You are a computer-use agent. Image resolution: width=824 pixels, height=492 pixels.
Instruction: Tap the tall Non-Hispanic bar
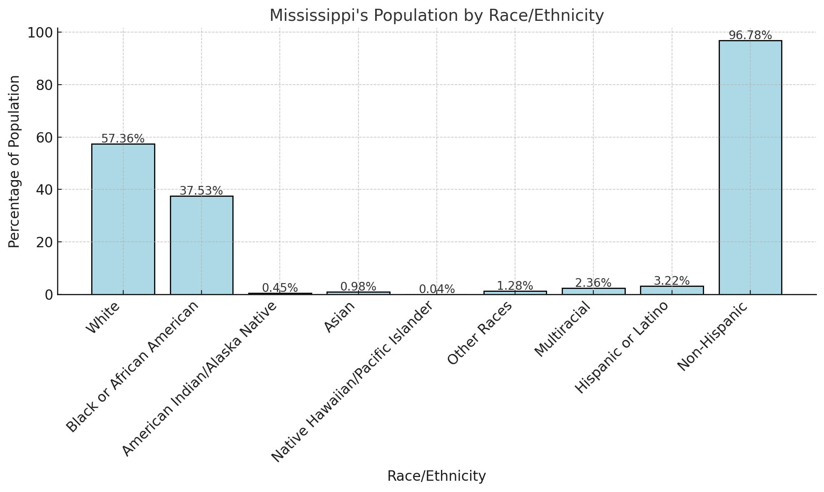[750, 167]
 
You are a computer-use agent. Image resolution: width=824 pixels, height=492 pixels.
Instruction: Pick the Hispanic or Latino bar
[672, 290]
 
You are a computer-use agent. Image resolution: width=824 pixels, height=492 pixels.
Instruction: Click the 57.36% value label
[123, 139]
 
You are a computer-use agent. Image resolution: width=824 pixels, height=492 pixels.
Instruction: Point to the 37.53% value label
[201, 191]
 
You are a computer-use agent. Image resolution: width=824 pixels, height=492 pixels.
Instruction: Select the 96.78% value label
[750, 35]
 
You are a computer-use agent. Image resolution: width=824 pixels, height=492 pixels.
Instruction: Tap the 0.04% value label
[437, 289]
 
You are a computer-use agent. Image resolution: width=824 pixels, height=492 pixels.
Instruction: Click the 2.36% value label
[593, 283]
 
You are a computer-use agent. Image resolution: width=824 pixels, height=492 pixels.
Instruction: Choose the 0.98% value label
[358, 287]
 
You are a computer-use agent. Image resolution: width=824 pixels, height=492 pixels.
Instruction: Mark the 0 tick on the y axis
[49, 295]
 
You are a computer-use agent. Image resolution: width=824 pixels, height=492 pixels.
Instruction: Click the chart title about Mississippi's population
[436, 16]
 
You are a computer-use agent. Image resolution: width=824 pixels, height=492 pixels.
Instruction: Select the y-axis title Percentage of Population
[15, 162]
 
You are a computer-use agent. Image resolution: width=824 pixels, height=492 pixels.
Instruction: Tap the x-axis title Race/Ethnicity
[436, 476]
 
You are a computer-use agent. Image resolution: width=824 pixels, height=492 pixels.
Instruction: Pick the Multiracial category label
[563, 329]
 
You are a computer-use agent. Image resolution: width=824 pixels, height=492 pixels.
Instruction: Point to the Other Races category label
[480, 333]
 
